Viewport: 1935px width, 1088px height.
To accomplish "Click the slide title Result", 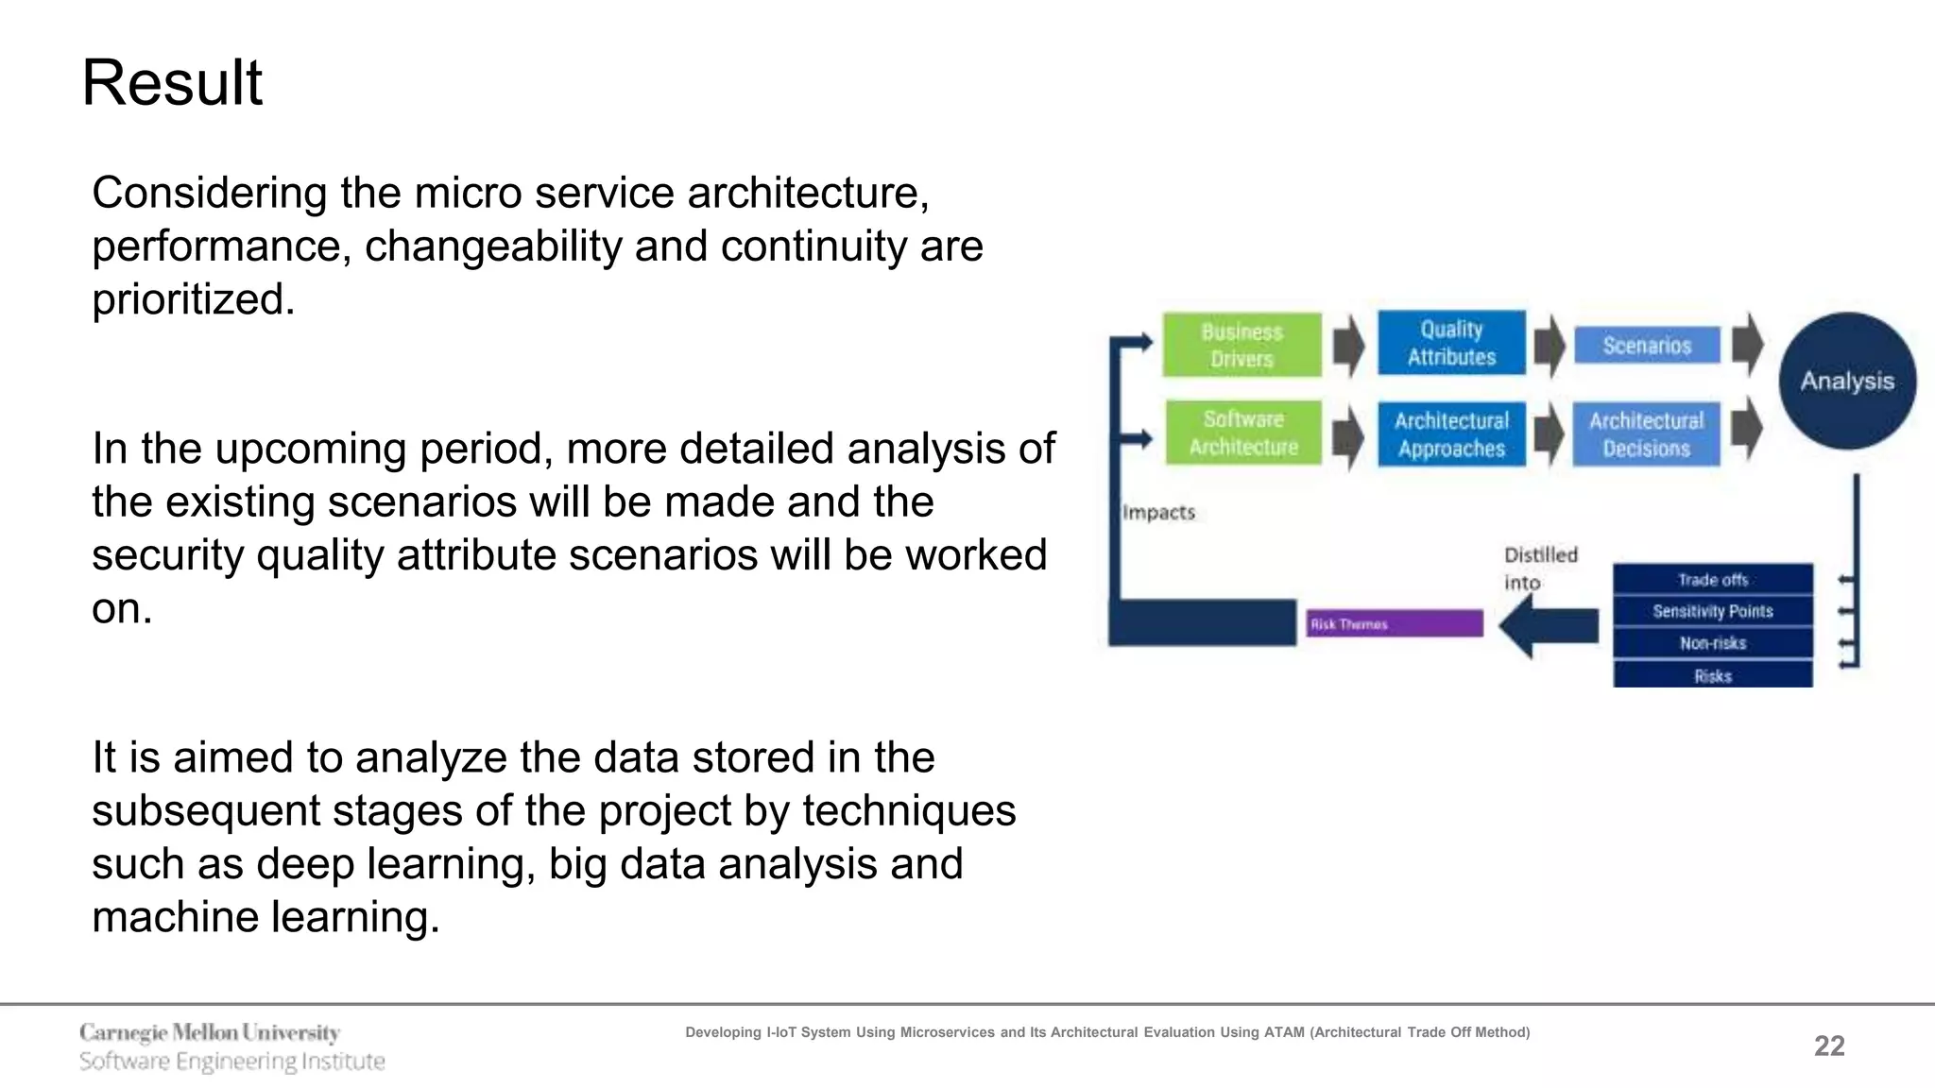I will pyautogui.click(x=172, y=83).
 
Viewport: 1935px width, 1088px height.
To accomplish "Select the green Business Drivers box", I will pyautogui.click(x=1241, y=345).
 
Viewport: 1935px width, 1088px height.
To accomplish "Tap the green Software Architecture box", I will pyautogui.click(x=1242, y=433).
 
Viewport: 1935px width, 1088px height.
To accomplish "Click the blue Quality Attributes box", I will pyautogui.click(x=1451, y=343).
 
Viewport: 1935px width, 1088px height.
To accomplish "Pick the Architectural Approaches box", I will pyautogui.click(x=1451, y=434).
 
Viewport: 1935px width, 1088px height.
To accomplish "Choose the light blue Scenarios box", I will pyautogui.click(x=1647, y=346).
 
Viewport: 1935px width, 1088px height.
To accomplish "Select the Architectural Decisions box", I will pyautogui.click(x=1646, y=434).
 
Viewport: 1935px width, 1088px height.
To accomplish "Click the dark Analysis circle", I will pyautogui.click(x=1847, y=381).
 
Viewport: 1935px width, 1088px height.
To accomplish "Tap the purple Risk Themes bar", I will pyautogui.click(x=1395, y=623).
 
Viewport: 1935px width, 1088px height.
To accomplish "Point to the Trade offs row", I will pyautogui.click(x=1712, y=579).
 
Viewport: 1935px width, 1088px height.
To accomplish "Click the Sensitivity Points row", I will pyautogui.click(x=1712, y=611).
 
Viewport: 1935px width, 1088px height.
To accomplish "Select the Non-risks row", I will pyautogui.click(x=1712, y=643).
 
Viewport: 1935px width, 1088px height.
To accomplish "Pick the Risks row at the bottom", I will pyautogui.click(x=1712, y=675).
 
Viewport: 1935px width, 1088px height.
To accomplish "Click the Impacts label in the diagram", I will pyautogui.click(x=1158, y=512).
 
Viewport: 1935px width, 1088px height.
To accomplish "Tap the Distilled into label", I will pyautogui.click(x=1540, y=568).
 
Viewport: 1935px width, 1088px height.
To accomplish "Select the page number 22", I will pyautogui.click(x=1829, y=1045).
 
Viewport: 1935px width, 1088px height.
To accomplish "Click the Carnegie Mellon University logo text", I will pyautogui.click(x=210, y=1032).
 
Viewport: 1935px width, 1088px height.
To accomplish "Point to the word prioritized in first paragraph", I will pyautogui.click(x=194, y=299).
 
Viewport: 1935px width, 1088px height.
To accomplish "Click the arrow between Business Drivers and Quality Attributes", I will pyautogui.click(x=1348, y=346).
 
